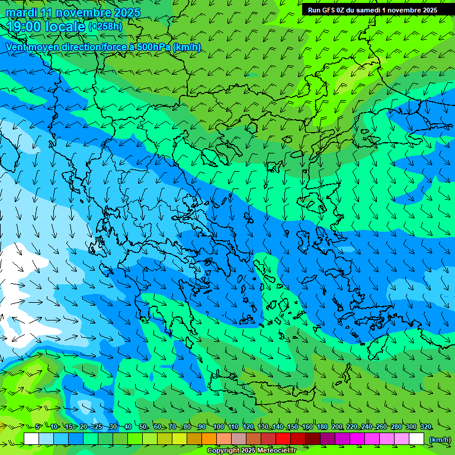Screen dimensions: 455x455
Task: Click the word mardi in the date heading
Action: (x=22, y=12)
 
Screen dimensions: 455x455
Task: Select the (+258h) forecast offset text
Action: (x=105, y=26)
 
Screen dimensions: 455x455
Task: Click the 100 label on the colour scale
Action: (x=218, y=427)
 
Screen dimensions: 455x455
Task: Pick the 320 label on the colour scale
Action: (x=426, y=427)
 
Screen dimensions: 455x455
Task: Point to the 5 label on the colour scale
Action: (x=38, y=427)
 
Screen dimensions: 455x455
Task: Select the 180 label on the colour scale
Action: (x=322, y=427)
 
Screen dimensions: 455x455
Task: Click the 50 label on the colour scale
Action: (x=143, y=427)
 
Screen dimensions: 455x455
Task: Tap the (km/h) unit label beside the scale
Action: (x=439, y=440)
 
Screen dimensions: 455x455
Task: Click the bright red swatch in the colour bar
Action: (x=283, y=439)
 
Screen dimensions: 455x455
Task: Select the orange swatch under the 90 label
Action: (x=209, y=439)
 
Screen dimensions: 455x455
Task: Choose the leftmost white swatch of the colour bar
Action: (x=31, y=439)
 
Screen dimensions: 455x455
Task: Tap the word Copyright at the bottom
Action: (x=223, y=451)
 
